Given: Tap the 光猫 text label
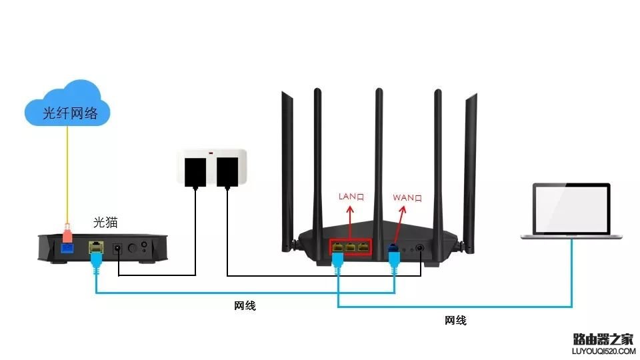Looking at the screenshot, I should point(105,221).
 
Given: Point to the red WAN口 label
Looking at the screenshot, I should point(407,197).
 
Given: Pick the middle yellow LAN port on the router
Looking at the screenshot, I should point(350,248).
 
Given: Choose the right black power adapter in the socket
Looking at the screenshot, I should point(227,172).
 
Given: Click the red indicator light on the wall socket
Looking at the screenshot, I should point(211,154).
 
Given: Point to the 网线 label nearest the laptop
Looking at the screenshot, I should point(455,321).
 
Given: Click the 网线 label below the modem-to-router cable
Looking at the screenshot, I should point(245,306).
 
